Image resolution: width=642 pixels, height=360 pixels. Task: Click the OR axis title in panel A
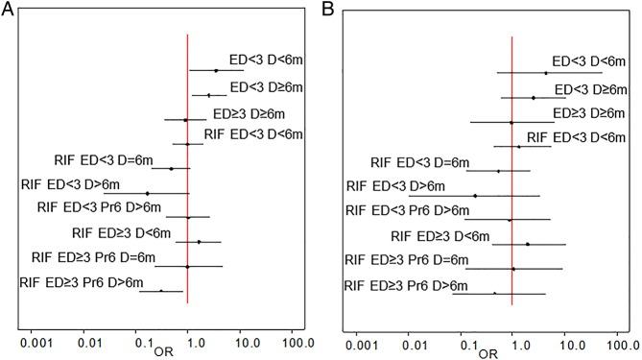pos(164,350)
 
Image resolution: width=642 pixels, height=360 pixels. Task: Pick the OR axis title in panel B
pos(488,351)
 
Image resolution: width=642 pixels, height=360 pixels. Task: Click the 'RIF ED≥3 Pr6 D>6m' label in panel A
pos(82,282)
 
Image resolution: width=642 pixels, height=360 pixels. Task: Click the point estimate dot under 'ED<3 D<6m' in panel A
pos(216,70)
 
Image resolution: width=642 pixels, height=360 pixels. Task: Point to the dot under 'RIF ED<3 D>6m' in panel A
pos(147,193)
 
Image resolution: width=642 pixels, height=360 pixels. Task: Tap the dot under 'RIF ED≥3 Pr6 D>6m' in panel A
pos(161,290)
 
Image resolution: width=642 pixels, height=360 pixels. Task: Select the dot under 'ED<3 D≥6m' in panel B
pos(534,97)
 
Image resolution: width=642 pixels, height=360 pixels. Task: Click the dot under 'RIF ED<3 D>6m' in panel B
pos(475,196)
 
